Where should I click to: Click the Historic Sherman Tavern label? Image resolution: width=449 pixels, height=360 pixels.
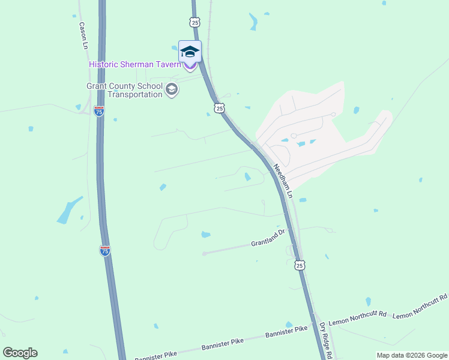coord(134,64)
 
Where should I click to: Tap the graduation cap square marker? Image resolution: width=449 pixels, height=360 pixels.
coord(190,52)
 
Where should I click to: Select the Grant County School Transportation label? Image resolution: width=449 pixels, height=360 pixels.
coord(125,90)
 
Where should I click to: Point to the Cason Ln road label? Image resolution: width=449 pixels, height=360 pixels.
coord(83,35)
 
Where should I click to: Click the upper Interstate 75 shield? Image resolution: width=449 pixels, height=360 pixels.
coord(99,111)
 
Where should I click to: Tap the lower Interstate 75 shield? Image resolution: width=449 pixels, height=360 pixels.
coord(105,251)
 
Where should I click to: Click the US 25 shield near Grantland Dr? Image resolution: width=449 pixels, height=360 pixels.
coord(300,265)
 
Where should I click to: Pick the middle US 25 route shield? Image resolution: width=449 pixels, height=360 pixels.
coord(219,108)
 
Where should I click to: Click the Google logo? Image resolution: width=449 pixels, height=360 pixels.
coord(20,353)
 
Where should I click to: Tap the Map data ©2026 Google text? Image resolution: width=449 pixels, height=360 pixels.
coord(411,355)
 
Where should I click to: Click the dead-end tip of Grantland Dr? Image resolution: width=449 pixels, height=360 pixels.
coord(204,253)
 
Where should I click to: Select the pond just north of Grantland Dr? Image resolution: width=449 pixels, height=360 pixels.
coord(206,234)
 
